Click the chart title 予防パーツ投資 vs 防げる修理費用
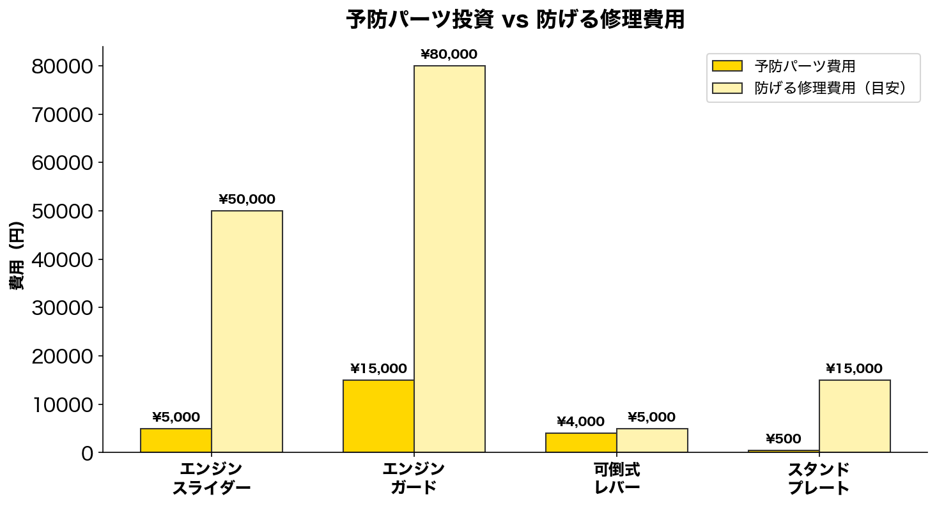[515, 20]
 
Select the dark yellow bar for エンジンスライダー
[176, 440]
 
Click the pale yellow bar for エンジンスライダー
[247, 332]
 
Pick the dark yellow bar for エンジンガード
[378, 416]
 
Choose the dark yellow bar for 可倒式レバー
[581, 443]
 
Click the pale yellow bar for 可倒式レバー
[652, 440]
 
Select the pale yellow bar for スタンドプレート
[855, 416]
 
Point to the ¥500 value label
[784, 439]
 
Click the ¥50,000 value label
[247, 199]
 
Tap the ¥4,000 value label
[580, 422]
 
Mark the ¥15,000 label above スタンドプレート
[854, 369]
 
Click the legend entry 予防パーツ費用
[805, 66]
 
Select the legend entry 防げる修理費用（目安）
[830, 88]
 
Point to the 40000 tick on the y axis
[63, 259]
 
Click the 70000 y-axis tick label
[63, 115]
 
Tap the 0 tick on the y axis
[87, 453]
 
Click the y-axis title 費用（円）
[17, 256]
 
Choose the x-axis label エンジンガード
[414, 479]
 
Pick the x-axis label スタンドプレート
[819, 479]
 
